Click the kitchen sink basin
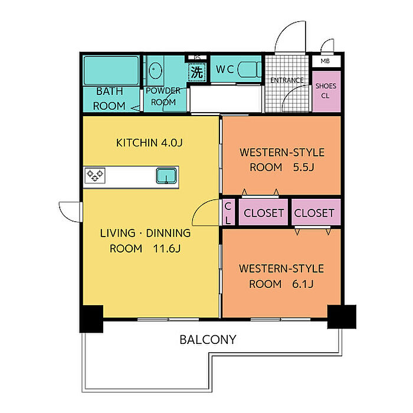[x=166, y=176]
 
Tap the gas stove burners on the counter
[x=95, y=175]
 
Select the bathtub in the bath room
[x=111, y=71]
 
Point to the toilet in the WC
[x=249, y=70]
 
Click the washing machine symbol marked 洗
[x=196, y=71]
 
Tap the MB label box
[x=326, y=61]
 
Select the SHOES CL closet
[x=326, y=91]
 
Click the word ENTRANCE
[x=287, y=80]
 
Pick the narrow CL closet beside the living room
[x=228, y=212]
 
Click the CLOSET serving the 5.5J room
[x=263, y=212]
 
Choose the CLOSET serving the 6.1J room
[x=316, y=212]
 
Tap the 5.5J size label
[x=304, y=167]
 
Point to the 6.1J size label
[x=303, y=284]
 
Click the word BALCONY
[x=208, y=340]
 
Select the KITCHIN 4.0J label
[x=149, y=143]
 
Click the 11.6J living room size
[x=167, y=248]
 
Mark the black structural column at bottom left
[x=91, y=319]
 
